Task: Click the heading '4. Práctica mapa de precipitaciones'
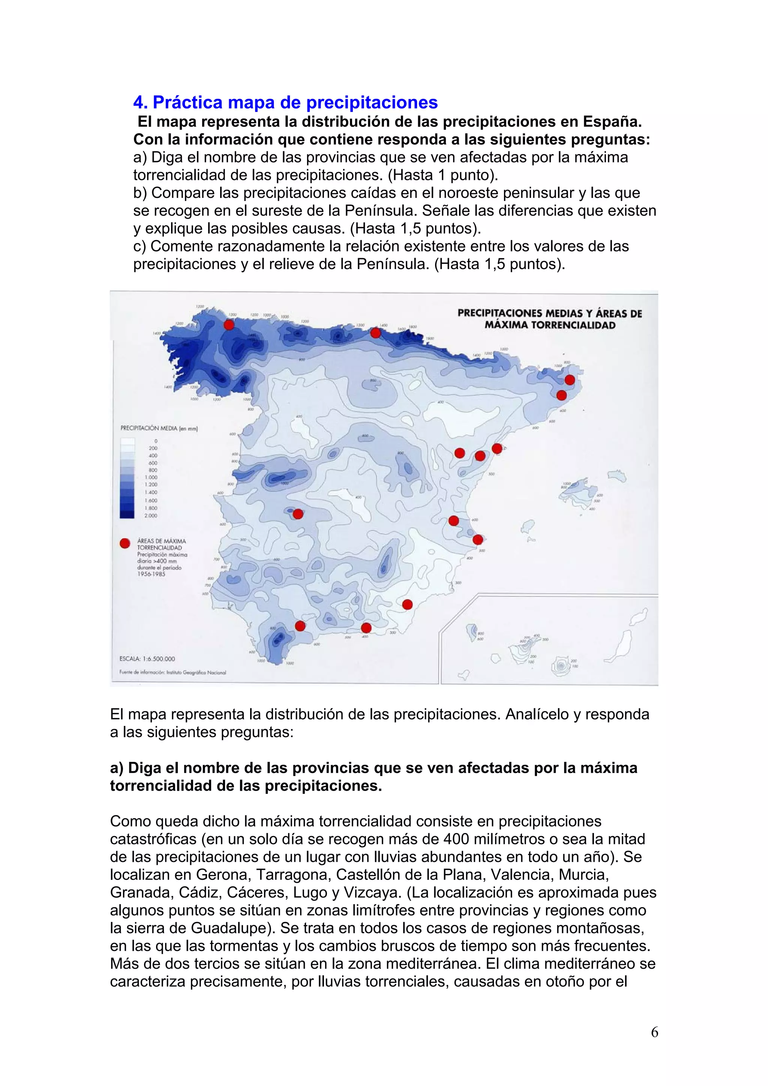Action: [285, 102]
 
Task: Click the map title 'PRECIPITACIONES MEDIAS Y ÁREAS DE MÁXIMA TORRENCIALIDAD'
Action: [549, 319]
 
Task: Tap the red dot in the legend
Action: [125, 543]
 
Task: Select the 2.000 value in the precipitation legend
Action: [150, 516]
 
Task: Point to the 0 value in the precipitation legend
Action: [156, 441]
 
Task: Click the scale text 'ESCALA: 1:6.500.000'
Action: [147, 658]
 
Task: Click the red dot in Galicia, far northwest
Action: [229, 325]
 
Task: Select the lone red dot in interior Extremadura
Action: [298, 514]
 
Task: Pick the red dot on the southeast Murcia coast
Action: [407, 604]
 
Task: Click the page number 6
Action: [654, 1032]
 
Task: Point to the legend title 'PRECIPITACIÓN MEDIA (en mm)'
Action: [159, 429]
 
